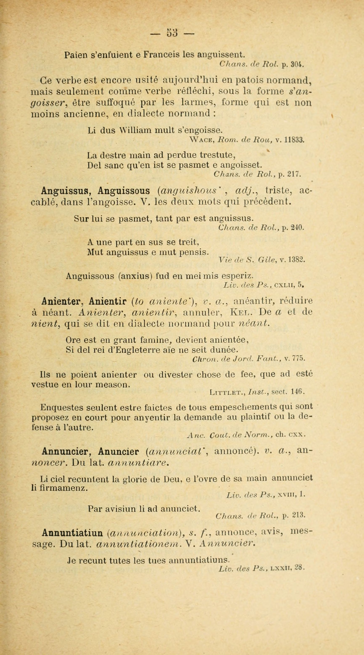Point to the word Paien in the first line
point(75,54)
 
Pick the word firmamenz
point(59,488)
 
